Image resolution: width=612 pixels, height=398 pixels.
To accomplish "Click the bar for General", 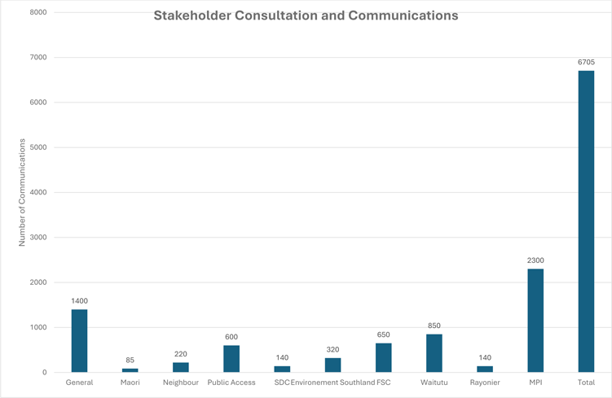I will (x=79, y=341).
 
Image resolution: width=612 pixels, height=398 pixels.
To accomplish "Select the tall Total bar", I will (x=586, y=221).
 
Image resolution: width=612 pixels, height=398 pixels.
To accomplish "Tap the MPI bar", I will (x=535, y=321).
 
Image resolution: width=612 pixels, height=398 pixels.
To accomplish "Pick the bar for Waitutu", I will (x=434, y=353).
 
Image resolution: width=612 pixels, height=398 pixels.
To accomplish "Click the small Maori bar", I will (x=130, y=370).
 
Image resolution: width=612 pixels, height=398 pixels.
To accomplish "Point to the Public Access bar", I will (x=231, y=359).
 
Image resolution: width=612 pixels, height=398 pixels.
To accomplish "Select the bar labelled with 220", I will (x=181, y=367).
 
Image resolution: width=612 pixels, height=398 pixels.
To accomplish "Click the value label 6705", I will (x=586, y=62).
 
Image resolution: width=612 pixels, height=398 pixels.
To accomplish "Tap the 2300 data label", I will (x=535, y=260).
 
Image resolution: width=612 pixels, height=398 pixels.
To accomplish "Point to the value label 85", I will (x=130, y=361).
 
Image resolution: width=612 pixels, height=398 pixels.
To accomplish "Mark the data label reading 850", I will (x=434, y=326).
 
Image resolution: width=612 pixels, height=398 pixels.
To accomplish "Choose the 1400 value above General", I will (x=79, y=301).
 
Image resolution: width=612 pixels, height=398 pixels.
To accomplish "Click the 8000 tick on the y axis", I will (x=37, y=13).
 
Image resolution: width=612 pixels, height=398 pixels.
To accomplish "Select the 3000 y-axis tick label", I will (x=37, y=238).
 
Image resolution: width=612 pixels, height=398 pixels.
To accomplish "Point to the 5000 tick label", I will (x=37, y=147).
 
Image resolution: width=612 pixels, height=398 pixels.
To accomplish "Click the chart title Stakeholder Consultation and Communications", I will (x=306, y=15).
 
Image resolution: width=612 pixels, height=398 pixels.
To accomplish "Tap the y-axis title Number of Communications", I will (x=23, y=192).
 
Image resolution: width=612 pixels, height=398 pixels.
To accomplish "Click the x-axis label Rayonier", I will (x=485, y=383).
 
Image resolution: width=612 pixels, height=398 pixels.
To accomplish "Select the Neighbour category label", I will (x=181, y=383).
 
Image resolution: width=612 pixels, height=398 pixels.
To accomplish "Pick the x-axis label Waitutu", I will (x=434, y=383).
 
